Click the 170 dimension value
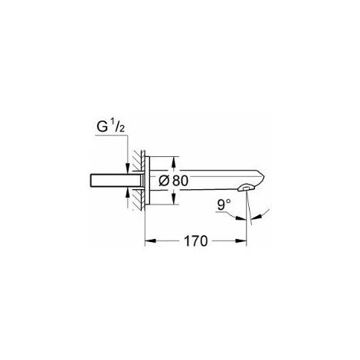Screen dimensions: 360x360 196,241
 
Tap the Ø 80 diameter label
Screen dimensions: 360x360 173,181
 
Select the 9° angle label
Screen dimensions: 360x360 224,205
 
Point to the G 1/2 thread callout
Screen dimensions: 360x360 110,127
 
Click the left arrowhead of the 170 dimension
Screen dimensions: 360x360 150,241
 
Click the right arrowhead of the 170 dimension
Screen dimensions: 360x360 241,241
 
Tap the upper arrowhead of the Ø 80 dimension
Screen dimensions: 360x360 174,162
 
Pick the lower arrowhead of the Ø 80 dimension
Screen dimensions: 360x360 174,198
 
